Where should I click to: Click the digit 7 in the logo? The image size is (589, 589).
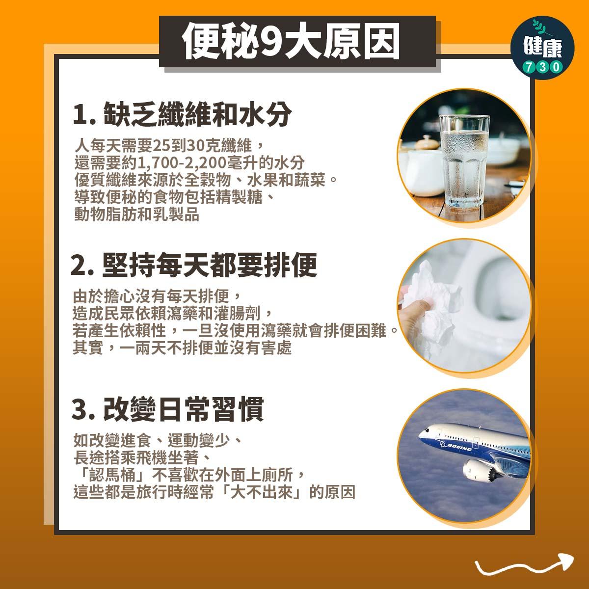tap(527, 67)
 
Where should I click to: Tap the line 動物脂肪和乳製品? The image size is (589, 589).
tap(136, 215)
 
